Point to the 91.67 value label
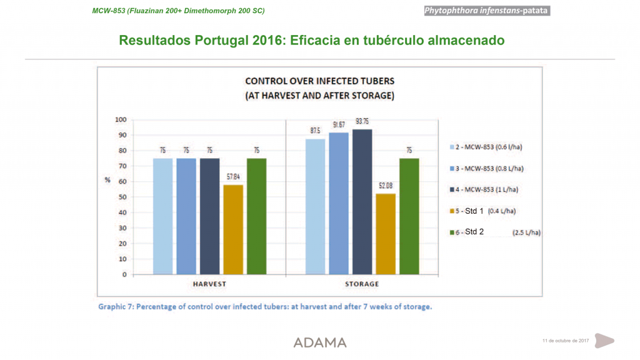tap(339, 125)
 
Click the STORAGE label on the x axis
tap(362, 284)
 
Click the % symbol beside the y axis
tap(107, 180)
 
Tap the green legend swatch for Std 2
tap(452, 232)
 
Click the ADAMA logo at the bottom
tap(320, 342)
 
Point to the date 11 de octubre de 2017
tap(566, 341)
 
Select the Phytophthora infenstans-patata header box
tap(486, 11)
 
